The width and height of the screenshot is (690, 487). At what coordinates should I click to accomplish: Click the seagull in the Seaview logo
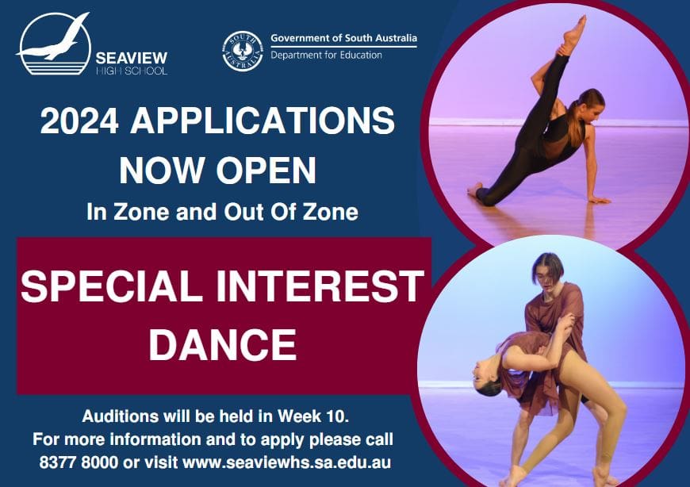tap(53, 40)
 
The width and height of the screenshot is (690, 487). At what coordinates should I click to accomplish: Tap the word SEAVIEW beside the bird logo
tap(132, 58)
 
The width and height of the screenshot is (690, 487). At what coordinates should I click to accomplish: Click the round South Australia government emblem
tap(243, 51)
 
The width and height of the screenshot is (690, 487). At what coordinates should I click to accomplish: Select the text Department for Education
tap(326, 55)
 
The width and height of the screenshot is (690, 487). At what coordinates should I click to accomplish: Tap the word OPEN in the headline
tap(266, 170)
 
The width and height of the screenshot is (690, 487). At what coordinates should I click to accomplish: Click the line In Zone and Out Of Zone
tap(222, 212)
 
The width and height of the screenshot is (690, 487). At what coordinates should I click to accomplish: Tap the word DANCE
tap(222, 344)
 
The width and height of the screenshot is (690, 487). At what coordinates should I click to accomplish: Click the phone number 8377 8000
tap(79, 462)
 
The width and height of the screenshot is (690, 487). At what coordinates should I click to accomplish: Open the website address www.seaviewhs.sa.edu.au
tap(286, 462)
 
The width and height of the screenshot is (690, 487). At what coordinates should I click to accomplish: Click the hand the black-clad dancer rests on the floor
tap(600, 200)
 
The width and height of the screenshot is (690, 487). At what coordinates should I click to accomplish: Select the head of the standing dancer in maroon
tap(547, 269)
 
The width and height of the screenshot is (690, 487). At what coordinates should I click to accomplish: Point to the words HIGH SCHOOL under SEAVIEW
tap(132, 71)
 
